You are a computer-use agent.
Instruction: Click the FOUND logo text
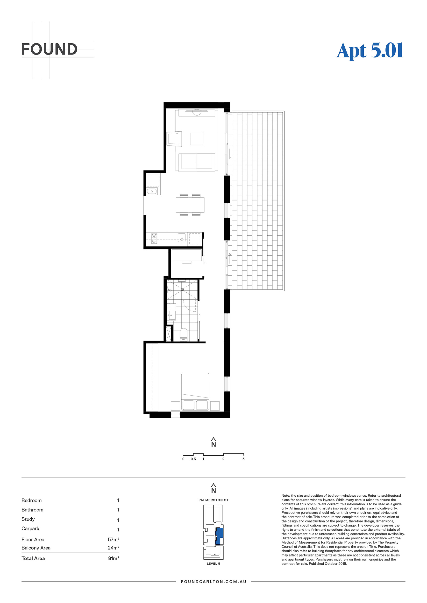(x=49, y=49)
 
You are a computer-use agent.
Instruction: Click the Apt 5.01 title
(x=370, y=51)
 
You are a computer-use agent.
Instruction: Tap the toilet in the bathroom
(x=184, y=334)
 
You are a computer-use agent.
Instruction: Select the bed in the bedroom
(x=195, y=391)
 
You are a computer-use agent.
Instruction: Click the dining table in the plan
(x=190, y=205)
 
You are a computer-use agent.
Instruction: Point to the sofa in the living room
(x=197, y=162)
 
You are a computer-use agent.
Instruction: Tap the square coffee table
(x=197, y=139)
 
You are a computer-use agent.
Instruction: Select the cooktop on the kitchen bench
(x=154, y=239)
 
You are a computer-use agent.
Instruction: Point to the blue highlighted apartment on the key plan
(x=219, y=536)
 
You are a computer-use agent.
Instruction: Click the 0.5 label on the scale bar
(x=193, y=459)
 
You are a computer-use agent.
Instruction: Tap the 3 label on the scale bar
(x=243, y=459)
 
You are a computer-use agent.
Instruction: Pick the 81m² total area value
(x=114, y=558)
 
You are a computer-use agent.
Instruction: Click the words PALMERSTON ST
(x=213, y=500)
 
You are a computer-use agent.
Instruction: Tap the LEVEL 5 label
(x=213, y=564)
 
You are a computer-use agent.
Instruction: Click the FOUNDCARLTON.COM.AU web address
(x=213, y=582)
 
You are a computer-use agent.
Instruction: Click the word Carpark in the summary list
(x=30, y=529)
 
